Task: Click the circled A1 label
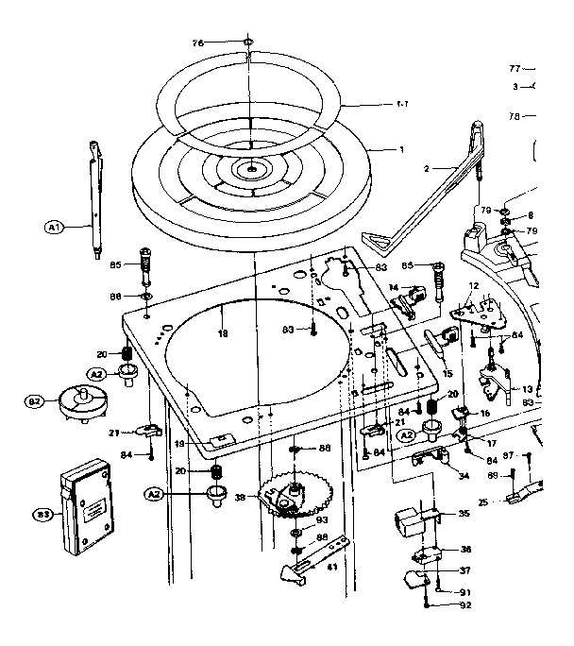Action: coord(53,227)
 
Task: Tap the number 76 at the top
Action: coord(198,42)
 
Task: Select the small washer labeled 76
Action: coord(247,42)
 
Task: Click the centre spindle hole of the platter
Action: coord(252,171)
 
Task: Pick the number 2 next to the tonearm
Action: coord(427,168)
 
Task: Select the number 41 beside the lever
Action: coord(331,568)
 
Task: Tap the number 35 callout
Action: coord(464,515)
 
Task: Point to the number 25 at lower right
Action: coord(482,502)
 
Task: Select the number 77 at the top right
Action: coord(515,68)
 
